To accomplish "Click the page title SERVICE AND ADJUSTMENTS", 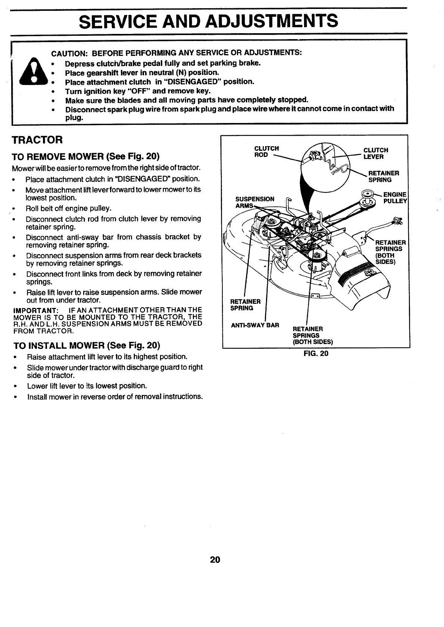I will pyautogui.click(x=209, y=21).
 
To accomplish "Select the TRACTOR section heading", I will pyautogui.click(x=37, y=140).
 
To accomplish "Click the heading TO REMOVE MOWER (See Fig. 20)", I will pyautogui.click(x=86, y=155).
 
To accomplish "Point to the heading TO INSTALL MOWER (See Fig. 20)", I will pyautogui.click(x=86, y=345).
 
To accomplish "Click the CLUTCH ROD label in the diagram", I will pyautogui.click(x=266, y=152).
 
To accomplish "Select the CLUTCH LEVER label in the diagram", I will pyautogui.click(x=376, y=153).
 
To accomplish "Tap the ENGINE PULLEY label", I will pyautogui.click(x=395, y=198).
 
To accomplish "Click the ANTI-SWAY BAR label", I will pyautogui.click(x=255, y=325).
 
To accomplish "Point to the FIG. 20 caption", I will pyautogui.click(x=316, y=353).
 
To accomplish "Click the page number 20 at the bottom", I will pyautogui.click(x=215, y=560).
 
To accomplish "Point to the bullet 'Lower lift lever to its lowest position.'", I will pyautogui.click(x=87, y=386).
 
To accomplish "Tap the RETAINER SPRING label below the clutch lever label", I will pyautogui.click(x=384, y=176).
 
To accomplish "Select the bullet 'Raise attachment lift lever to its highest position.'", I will pyautogui.click(x=107, y=357).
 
